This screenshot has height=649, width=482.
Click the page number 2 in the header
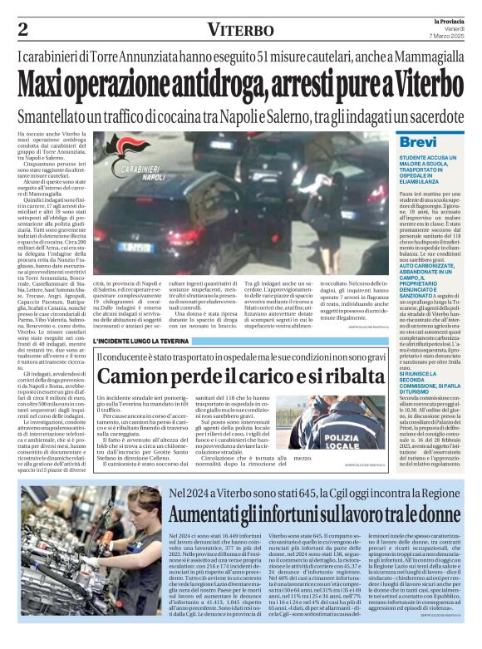22,30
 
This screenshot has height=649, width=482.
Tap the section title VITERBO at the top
240,31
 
